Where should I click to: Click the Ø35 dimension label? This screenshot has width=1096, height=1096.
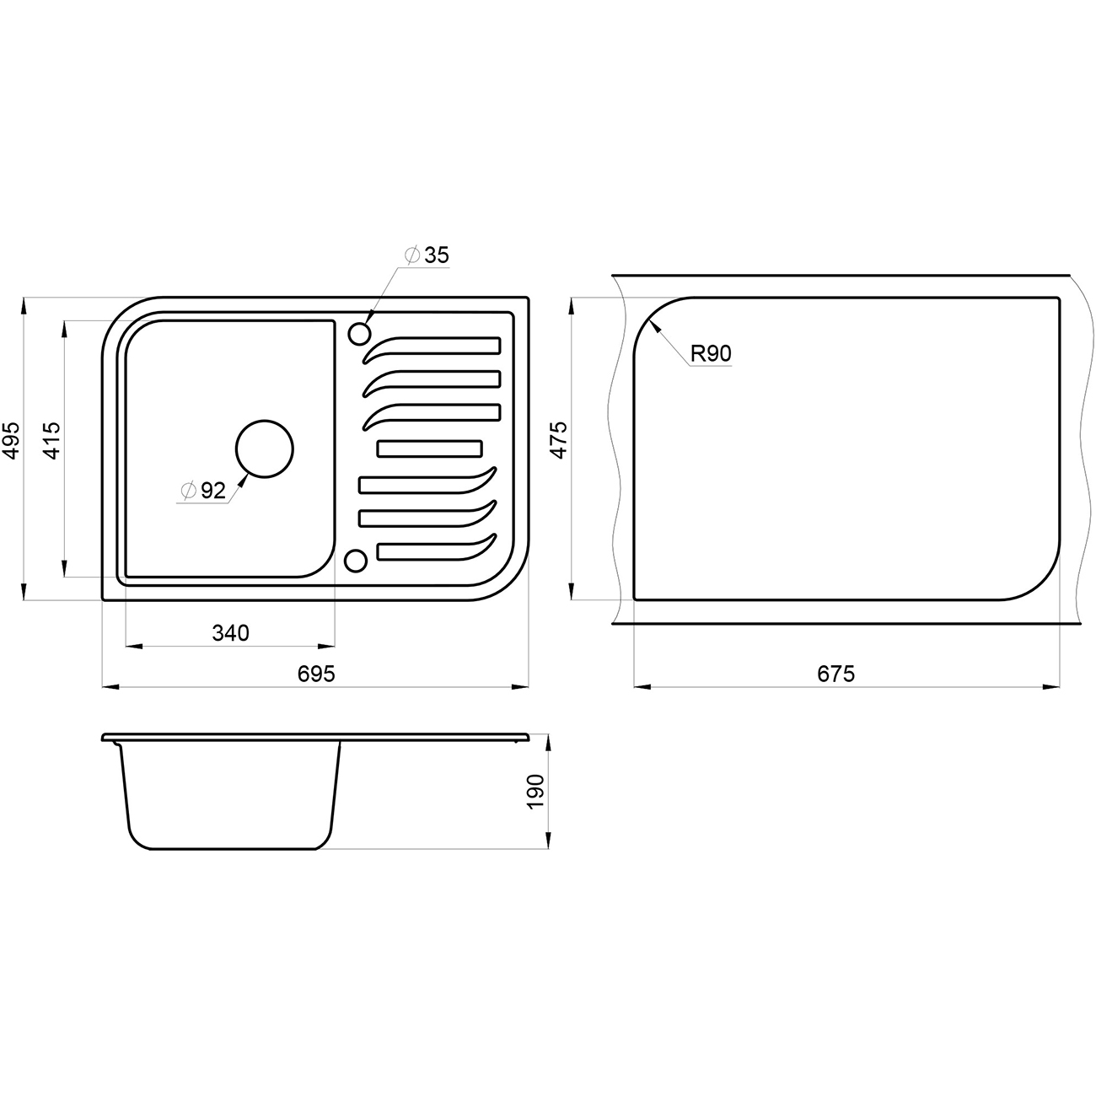[427, 255]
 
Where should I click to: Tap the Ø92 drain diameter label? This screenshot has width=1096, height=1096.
[203, 490]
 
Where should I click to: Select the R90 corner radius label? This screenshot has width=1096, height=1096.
[711, 354]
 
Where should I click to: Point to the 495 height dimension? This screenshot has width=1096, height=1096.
[11, 440]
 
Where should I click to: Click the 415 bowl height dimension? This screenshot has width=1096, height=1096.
[51, 440]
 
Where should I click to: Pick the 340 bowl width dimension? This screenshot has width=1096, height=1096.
[230, 633]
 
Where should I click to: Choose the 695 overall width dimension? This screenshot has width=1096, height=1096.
[316, 674]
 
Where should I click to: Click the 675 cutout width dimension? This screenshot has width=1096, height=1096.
[836, 674]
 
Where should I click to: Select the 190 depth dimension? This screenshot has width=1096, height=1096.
[535, 792]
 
